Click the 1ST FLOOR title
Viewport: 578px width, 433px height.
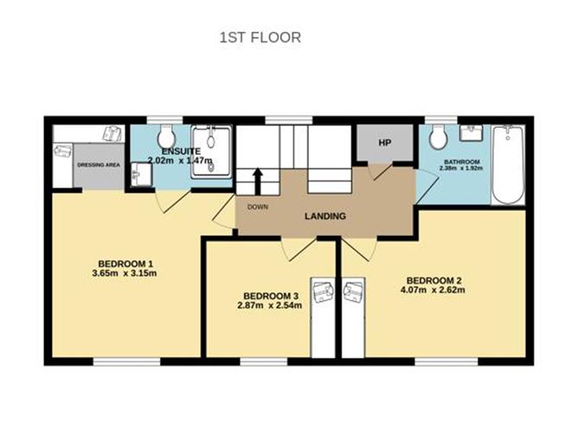(260, 37)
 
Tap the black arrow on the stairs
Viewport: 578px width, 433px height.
(258, 181)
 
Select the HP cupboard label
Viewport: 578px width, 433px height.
(384, 143)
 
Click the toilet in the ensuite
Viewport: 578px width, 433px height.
(166, 137)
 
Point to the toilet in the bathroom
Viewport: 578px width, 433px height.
(439, 137)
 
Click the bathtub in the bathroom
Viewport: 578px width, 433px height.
(508, 164)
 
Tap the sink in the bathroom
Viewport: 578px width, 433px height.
(472, 133)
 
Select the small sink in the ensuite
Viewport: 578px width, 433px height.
(142, 175)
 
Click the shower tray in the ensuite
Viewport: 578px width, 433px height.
(211, 152)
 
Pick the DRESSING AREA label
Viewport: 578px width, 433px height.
(99, 165)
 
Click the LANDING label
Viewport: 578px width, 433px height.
(325, 216)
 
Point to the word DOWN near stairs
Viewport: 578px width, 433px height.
(258, 207)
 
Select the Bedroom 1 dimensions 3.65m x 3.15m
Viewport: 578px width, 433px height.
(125, 273)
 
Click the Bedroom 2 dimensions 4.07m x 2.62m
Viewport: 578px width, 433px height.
(433, 290)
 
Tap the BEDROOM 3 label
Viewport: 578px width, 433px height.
(271, 296)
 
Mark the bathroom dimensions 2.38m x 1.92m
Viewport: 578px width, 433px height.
(461, 168)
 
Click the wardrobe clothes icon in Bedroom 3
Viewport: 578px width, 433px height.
(324, 291)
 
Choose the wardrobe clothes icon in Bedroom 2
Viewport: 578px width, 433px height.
(354, 291)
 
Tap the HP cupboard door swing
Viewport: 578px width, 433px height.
(381, 172)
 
